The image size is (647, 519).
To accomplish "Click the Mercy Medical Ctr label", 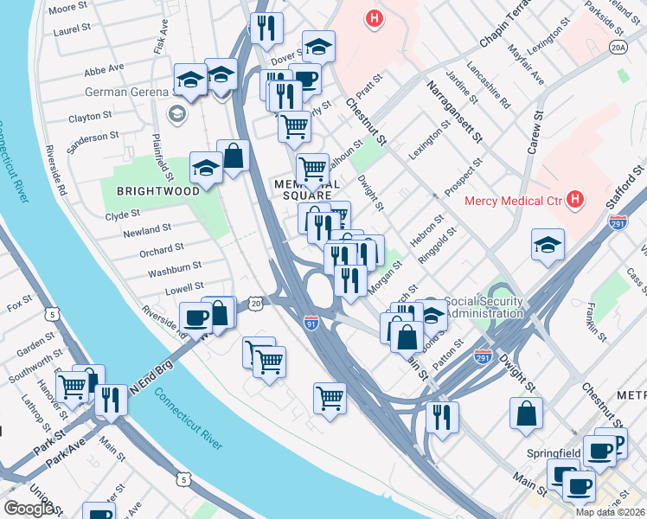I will pyautogui.click(x=514, y=202).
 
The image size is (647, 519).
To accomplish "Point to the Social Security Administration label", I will pyautogui.click(x=485, y=307).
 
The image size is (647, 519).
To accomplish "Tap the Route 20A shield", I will pyautogui.click(x=618, y=48).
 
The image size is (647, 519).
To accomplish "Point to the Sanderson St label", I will pyautogui.click(x=93, y=138).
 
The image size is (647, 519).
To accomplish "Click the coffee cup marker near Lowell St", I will pyautogui.click(x=195, y=317).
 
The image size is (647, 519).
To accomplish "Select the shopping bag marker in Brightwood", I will pyautogui.click(x=233, y=156).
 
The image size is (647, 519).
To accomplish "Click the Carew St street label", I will pyautogui.click(x=535, y=133).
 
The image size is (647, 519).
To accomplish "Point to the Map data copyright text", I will pyautogui.click(x=610, y=512).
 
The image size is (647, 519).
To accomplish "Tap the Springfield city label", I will pyautogui.click(x=550, y=453).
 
